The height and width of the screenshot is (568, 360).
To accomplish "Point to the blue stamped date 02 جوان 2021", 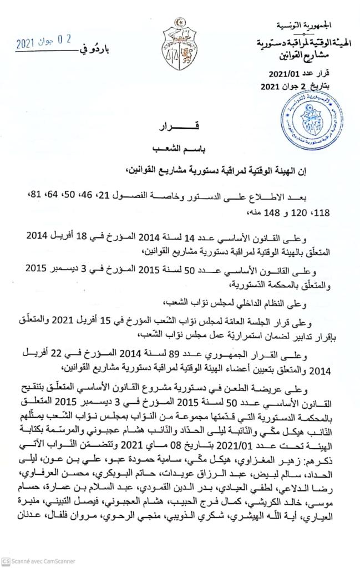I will pyautogui.click(x=44, y=42).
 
